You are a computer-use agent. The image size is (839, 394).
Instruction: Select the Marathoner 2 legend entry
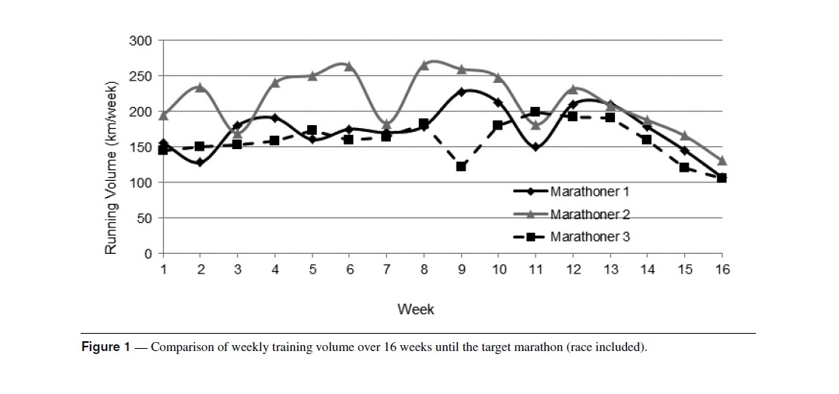pyautogui.click(x=571, y=215)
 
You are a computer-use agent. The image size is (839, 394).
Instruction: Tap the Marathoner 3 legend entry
pyautogui.click(x=571, y=237)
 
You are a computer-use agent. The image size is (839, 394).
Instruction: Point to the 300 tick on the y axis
pyautogui.click(x=141, y=41)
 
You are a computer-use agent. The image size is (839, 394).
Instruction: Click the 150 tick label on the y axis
pyautogui.click(x=141, y=147)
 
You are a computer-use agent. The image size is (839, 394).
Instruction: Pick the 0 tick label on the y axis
pyautogui.click(x=148, y=253)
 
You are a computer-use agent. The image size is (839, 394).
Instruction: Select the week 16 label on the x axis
pyautogui.click(x=722, y=270)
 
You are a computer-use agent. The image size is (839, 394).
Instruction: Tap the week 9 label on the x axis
pyautogui.click(x=461, y=270)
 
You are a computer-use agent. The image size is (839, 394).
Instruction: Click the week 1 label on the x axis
pyautogui.click(x=163, y=270)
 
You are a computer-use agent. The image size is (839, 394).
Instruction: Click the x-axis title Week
pyautogui.click(x=416, y=309)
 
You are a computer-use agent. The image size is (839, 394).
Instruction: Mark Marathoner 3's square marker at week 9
pyautogui.click(x=461, y=166)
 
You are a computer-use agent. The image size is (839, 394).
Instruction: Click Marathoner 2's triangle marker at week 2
pyautogui.click(x=200, y=87)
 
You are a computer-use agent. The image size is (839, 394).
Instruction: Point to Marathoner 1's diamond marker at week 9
pyautogui.click(x=461, y=92)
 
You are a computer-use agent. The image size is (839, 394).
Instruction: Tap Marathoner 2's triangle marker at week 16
pyautogui.click(x=722, y=160)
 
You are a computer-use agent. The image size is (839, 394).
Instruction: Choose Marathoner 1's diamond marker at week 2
pyautogui.click(x=200, y=163)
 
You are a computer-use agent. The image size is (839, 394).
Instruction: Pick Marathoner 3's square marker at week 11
pyautogui.click(x=536, y=111)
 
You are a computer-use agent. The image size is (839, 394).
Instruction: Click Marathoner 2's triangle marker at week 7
pyautogui.click(x=387, y=124)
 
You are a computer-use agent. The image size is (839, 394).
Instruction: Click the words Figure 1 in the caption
pyautogui.click(x=106, y=347)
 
